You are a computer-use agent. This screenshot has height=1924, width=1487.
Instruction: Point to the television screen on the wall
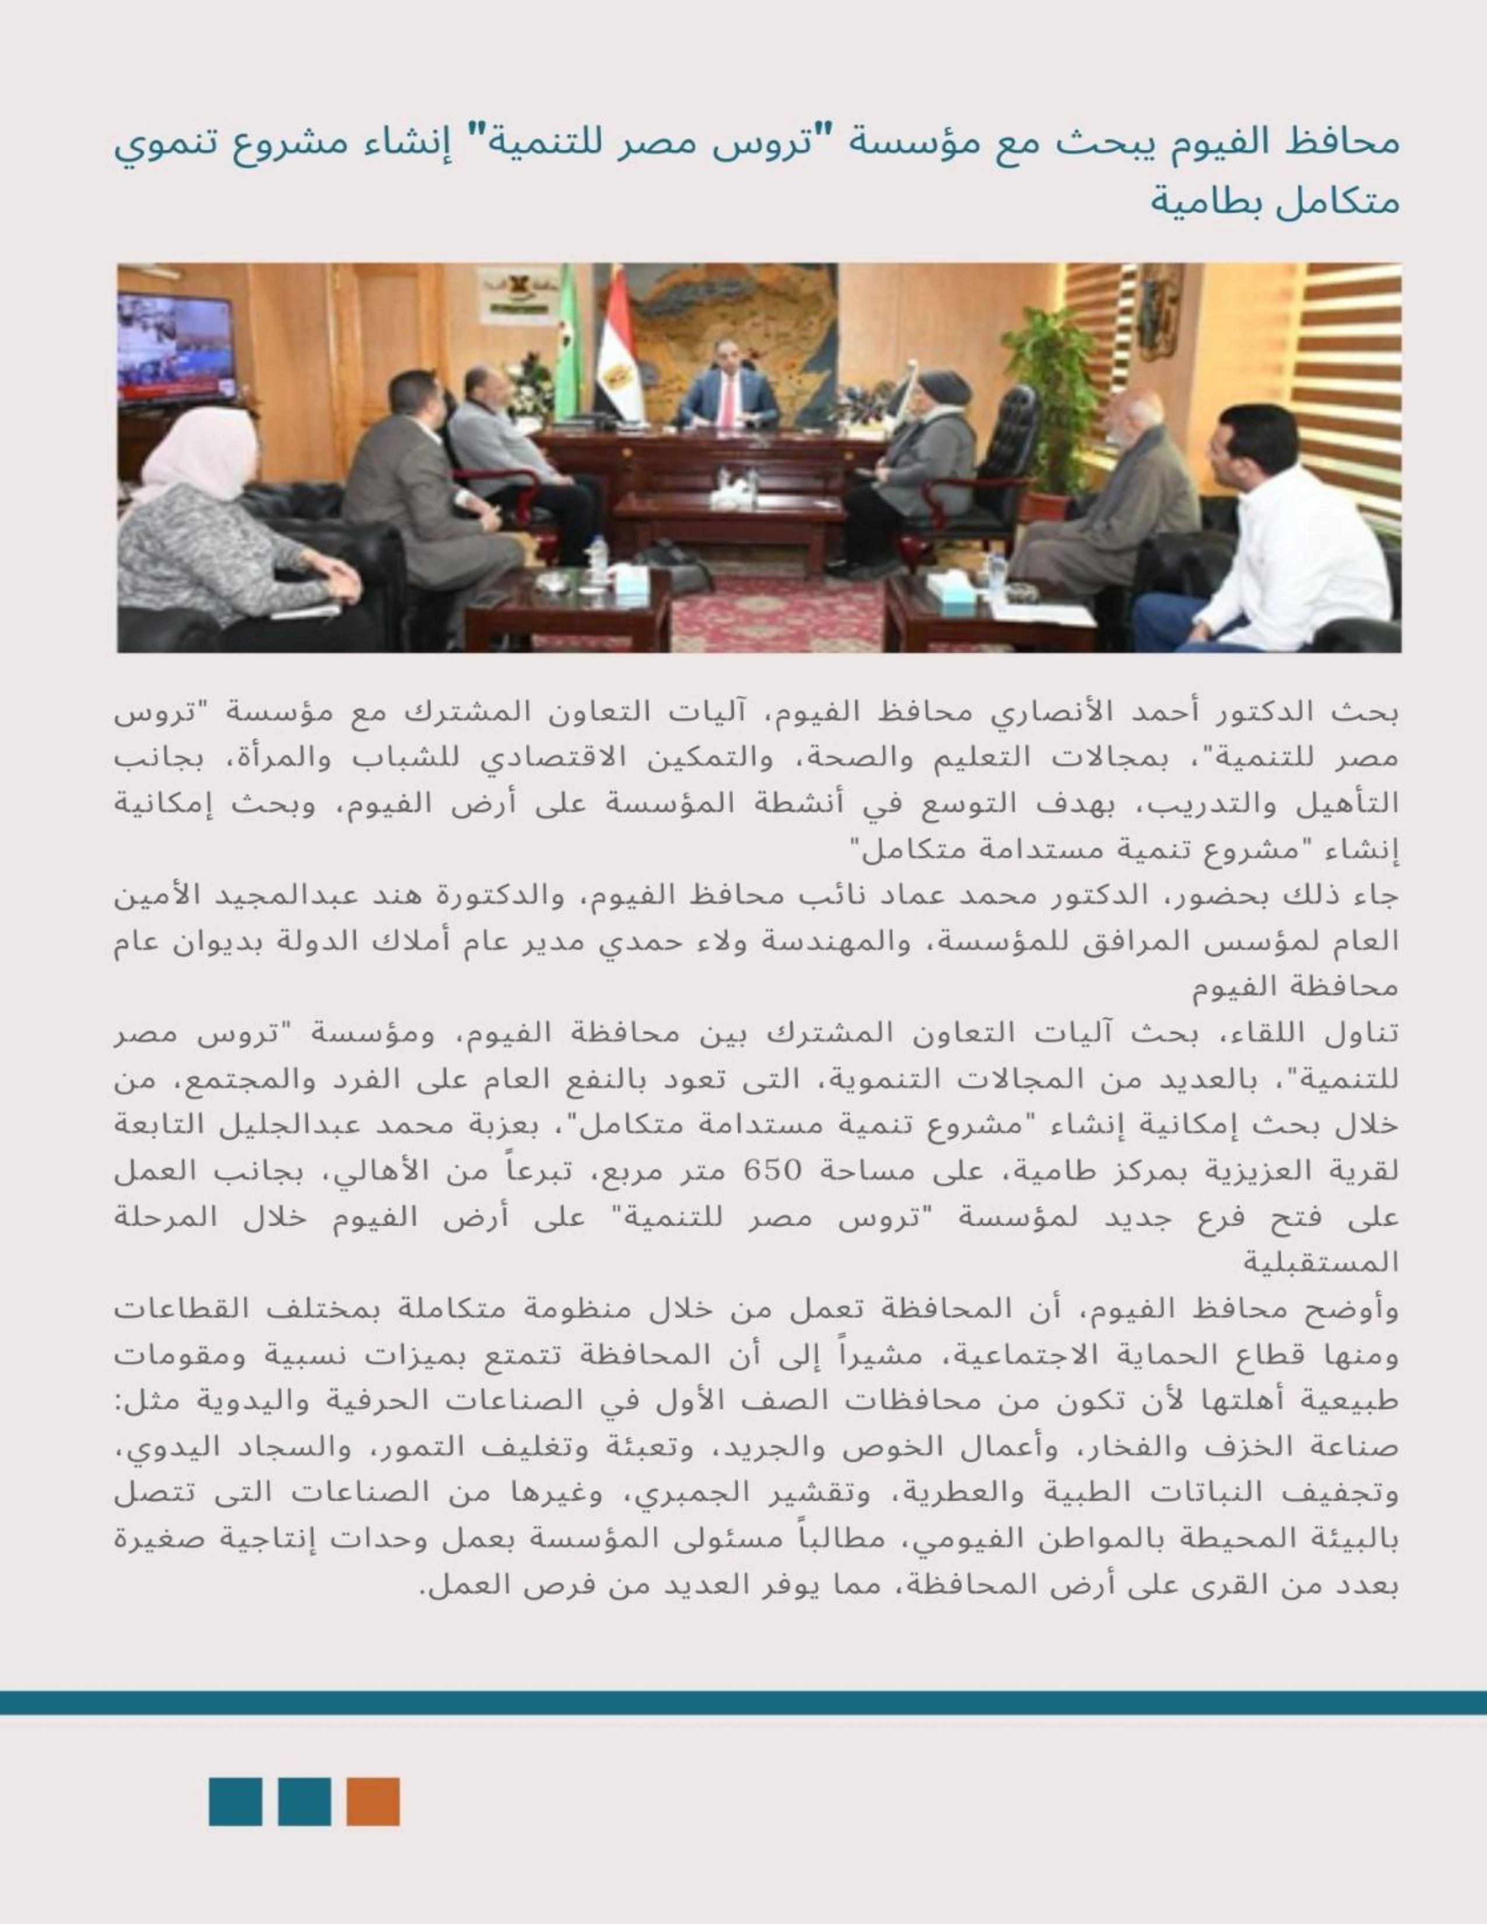tap(176, 348)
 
